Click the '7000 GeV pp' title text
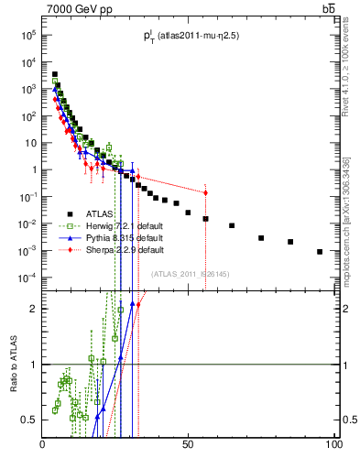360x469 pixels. point(78,9)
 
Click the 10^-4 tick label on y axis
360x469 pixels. point(27,278)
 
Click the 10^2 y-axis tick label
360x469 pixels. point(27,116)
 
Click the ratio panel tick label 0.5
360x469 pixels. point(30,420)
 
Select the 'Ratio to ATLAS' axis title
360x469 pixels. point(14,364)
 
